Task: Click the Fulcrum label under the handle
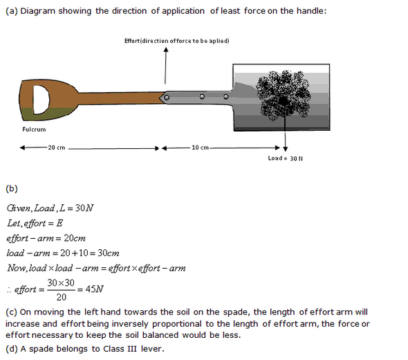[x=34, y=129]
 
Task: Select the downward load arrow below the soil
[x=286, y=134]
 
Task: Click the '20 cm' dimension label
[x=56, y=147]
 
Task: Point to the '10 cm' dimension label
[x=201, y=147]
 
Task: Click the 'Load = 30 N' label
[x=286, y=159]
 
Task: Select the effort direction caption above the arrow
[x=176, y=41]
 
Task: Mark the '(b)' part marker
[x=11, y=188]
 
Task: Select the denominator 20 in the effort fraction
[x=62, y=298]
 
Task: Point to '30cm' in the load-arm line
[x=105, y=253]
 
